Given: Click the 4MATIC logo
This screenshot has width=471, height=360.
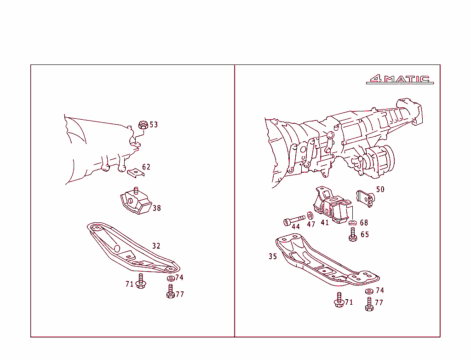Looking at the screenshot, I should click(x=399, y=79).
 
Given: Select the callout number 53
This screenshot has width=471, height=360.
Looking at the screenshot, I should click(x=153, y=125).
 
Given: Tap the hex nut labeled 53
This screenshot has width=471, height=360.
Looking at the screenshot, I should click(x=143, y=124).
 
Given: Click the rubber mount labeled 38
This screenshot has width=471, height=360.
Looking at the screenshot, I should click(x=135, y=202).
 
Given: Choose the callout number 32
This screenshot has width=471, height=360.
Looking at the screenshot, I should click(x=156, y=246).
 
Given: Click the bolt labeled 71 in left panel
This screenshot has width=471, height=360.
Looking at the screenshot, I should click(x=141, y=282).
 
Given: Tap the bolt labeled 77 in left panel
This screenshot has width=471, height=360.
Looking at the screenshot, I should click(x=170, y=291).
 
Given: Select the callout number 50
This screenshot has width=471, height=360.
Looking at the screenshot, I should click(x=380, y=189).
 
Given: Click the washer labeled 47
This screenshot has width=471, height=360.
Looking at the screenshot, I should click(x=310, y=216).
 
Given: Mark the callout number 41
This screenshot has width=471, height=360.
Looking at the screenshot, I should click(x=325, y=223).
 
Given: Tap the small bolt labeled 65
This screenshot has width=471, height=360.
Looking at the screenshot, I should click(x=353, y=235).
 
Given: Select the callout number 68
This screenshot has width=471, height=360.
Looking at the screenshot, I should click(x=364, y=223).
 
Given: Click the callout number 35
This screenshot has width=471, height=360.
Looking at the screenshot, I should click(x=273, y=256).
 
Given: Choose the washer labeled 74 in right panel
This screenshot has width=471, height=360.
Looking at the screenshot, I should click(x=369, y=291).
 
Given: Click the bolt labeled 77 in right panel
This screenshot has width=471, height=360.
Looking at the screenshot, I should click(x=369, y=304).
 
